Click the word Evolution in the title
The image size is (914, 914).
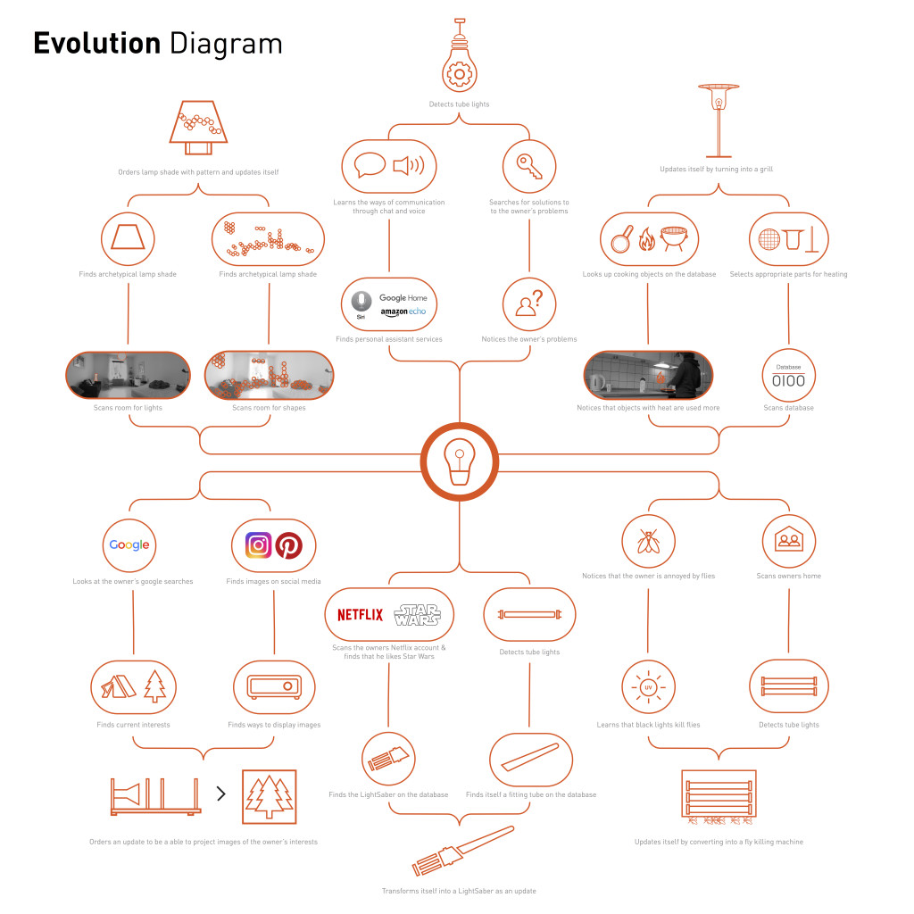[96, 43]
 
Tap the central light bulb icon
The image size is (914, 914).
[459, 461]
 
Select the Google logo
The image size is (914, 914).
[129, 544]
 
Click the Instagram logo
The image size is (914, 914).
[258, 544]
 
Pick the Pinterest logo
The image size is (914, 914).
[289, 544]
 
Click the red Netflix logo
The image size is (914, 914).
[360, 614]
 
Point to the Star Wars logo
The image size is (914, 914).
[416, 614]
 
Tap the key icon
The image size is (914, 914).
[528, 166]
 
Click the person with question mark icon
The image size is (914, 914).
[528, 304]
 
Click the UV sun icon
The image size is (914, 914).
[648, 687]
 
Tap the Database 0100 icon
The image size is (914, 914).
[788, 376]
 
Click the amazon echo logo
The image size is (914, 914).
[403, 312]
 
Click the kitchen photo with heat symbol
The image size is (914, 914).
[648, 375]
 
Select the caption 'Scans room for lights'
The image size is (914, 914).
[128, 408]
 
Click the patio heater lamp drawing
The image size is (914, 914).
[718, 116]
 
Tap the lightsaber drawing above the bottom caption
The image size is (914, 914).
[462, 851]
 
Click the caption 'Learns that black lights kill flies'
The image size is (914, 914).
[648, 725]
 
